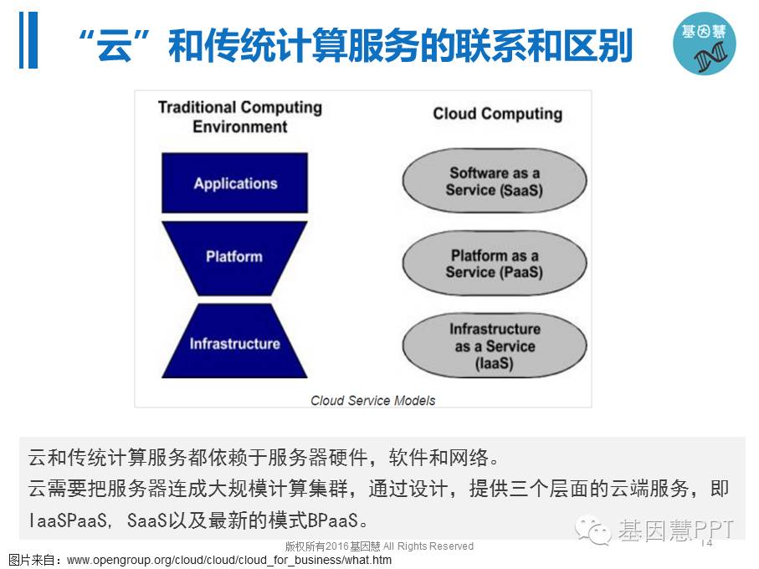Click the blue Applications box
(x=235, y=183)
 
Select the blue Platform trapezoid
(x=234, y=257)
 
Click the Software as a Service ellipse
(x=494, y=182)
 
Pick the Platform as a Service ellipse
(x=494, y=264)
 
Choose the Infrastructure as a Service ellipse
(x=494, y=346)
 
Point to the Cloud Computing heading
(x=497, y=114)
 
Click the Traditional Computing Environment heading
(x=240, y=117)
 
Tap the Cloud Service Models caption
(x=372, y=400)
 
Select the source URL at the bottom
(x=229, y=560)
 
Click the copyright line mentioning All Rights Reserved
(x=379, y=546)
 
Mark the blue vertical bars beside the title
(x=28, y=40)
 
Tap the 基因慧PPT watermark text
(x=676, y=530)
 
